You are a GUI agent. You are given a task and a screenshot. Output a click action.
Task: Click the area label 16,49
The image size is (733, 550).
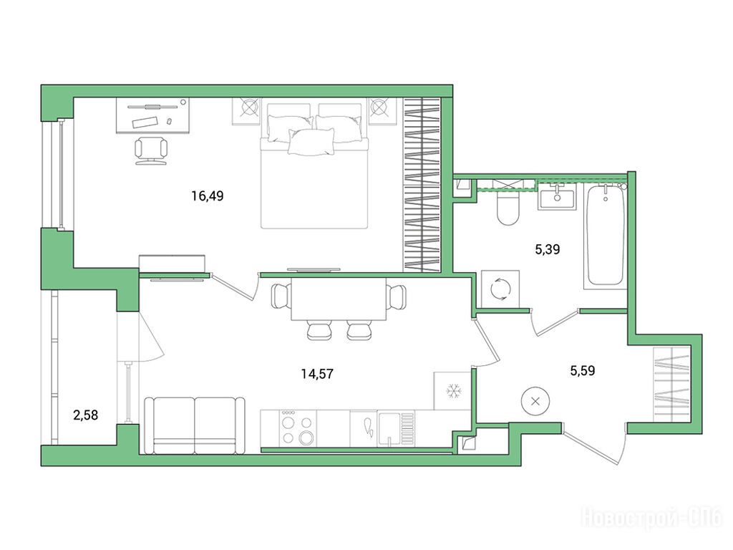point(208,196)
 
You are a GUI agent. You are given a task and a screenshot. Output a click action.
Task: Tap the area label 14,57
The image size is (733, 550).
point(317,374)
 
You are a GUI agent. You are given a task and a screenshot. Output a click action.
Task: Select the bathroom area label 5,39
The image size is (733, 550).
point(548,249)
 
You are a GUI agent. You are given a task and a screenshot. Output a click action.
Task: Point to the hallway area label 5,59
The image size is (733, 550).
point(583,371)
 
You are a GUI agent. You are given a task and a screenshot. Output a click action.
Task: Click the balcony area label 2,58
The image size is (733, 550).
point(86,415)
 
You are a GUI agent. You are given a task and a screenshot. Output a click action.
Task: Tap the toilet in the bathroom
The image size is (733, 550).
point(508,207)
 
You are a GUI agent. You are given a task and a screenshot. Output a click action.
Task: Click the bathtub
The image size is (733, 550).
point(606,235)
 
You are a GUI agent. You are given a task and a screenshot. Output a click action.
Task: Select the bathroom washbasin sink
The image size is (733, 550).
point(557,197)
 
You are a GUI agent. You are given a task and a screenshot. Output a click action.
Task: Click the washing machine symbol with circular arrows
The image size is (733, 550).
point(500,289)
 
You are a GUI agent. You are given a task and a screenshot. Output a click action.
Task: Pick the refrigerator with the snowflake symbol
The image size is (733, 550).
point(452,390)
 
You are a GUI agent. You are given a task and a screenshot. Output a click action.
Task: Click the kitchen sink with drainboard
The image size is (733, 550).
point(389,429)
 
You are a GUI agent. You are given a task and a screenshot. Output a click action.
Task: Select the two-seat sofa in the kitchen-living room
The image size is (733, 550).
point(195,425)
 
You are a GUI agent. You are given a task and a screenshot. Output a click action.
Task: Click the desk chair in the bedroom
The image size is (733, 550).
point(151,150)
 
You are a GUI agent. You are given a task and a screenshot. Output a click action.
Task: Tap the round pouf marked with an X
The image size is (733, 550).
point(535,401)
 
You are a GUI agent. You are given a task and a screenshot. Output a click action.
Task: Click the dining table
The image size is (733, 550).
point(339,299)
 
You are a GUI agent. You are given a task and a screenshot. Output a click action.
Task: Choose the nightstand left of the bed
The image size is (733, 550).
point(246,111)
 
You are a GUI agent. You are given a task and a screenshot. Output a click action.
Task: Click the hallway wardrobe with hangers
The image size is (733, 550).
point(671,385)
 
